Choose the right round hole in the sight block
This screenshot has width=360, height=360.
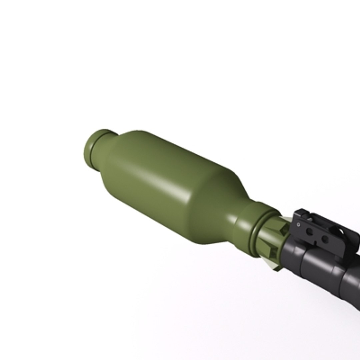tap(324, 238)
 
